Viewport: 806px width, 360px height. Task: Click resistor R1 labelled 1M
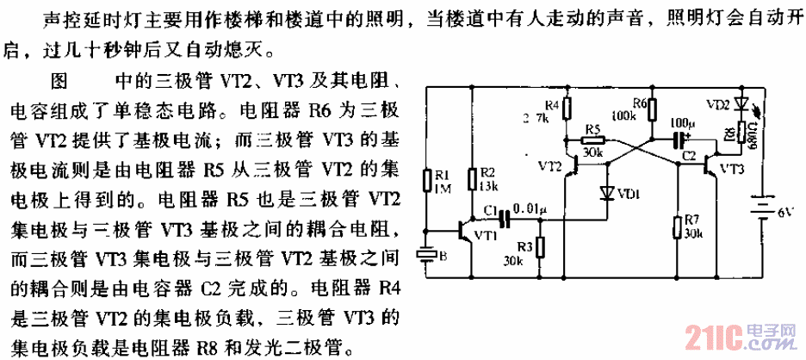click(429, 181)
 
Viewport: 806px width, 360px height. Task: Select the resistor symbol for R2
click(472, 179)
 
